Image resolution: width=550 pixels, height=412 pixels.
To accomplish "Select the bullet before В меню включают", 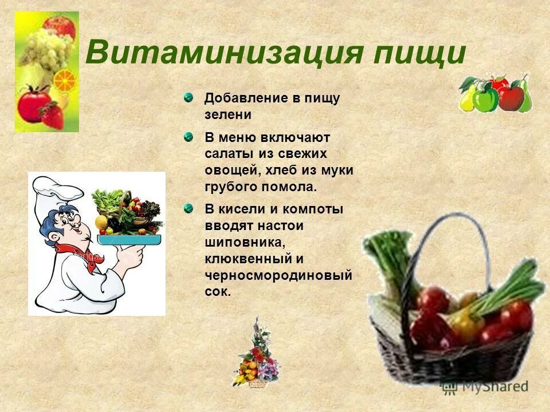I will [188, 137].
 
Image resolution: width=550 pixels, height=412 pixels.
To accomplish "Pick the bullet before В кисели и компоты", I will [188, 209].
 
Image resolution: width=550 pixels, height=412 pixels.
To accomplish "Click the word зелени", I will [228, 114].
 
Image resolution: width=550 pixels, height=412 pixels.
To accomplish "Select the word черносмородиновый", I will [278, 275].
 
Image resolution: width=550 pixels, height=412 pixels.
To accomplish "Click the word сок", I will [217, 291].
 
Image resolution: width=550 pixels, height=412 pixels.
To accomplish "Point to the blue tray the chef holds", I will [129, 239].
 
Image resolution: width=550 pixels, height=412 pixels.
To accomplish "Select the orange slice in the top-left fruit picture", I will [64, 80].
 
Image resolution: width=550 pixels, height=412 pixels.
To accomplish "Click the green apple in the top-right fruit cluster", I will [485, 98].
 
